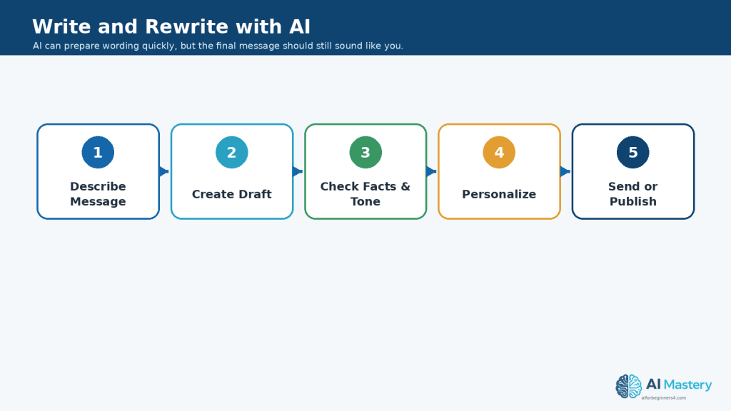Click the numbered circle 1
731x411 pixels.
pyautogui.click(x=98, y=153)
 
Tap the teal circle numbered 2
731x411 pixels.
pyautogui.click(x=232, y=153)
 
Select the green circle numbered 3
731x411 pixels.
pyautogui.click(x=365, y=153)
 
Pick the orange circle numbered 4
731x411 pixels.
pyautogui.click(x=499, y=153)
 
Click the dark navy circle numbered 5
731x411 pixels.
pyautogui.click(x=633, y=153)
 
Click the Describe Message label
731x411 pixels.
pyautogui.click(x=98, y=194)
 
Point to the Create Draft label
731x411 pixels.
pyautogui.click(x=232, y=194)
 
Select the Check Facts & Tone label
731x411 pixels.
pyautogui.click(x=365, y=194)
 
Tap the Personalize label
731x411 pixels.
pyautogui.click(x=499, y=194)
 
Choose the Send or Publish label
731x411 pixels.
pyautogui.click(x=633, y=194)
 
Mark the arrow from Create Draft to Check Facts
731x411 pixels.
pyautogui.click(x=298, y=171)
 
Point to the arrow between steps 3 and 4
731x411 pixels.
pyautogui.click(x=432, y=171)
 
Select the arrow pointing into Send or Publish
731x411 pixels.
pyautogui.click(x=566, y=171)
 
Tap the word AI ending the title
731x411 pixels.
pyautogui.click(x=300, y=26)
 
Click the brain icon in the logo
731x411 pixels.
pyautogui.click(x=628, y=386)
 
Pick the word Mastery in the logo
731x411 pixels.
pyautogui.click(x=687, y=385)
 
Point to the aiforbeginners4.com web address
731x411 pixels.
pyautogui.click(x=664, y=398)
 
